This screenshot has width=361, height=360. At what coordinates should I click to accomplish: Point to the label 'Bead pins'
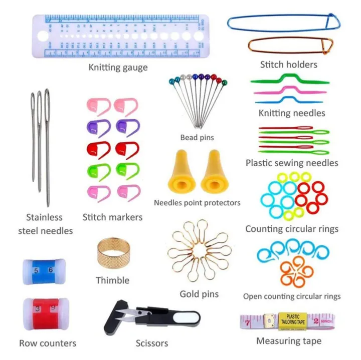tap(197, 137)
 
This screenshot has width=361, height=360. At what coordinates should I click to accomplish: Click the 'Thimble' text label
tap(112, 280)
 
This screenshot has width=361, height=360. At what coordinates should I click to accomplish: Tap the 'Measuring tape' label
tap(289, 341)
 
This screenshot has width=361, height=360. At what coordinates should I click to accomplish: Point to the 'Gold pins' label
tap(199, 294)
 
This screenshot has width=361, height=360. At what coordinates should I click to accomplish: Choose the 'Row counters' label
tap(48, 343)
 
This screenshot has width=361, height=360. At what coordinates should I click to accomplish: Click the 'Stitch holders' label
tap(288, 65)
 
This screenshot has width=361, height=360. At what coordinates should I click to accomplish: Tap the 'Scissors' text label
tap(151, 343)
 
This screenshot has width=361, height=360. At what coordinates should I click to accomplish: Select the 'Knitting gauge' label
tap(118, 67)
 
